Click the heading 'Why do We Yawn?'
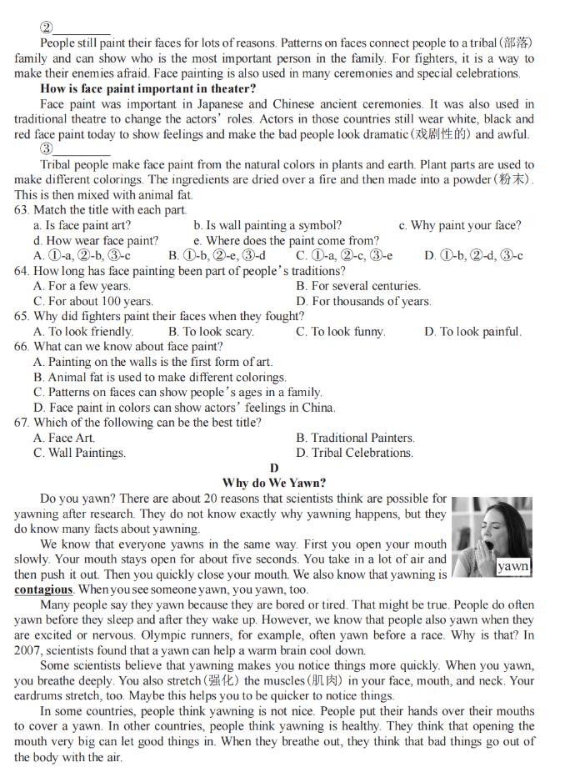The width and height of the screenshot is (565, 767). tap(274, 483)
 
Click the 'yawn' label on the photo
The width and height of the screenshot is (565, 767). tap(512, 566)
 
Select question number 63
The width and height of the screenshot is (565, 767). tap(22, 210)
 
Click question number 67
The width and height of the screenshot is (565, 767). tap(22, 423)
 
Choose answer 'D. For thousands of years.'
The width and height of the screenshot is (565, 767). tap(363, 301)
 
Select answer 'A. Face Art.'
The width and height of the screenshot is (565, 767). tap(64, 438)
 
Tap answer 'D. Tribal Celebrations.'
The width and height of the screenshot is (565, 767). tap(354, 453)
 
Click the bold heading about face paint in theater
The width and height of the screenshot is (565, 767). tap(148, 88)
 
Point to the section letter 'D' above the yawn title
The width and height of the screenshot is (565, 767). tap(274, 468)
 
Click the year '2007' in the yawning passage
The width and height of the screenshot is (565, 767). tap(27, 650)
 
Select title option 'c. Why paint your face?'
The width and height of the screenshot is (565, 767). tap(459, 225)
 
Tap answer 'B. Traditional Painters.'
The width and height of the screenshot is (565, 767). tap(355, 438)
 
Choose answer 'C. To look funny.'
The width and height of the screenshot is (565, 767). tap(341, 331)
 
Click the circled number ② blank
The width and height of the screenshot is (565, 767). tap(75, 28)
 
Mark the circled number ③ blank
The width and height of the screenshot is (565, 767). tap(75, 149)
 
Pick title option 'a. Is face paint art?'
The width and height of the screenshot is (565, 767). tap(82, 225)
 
